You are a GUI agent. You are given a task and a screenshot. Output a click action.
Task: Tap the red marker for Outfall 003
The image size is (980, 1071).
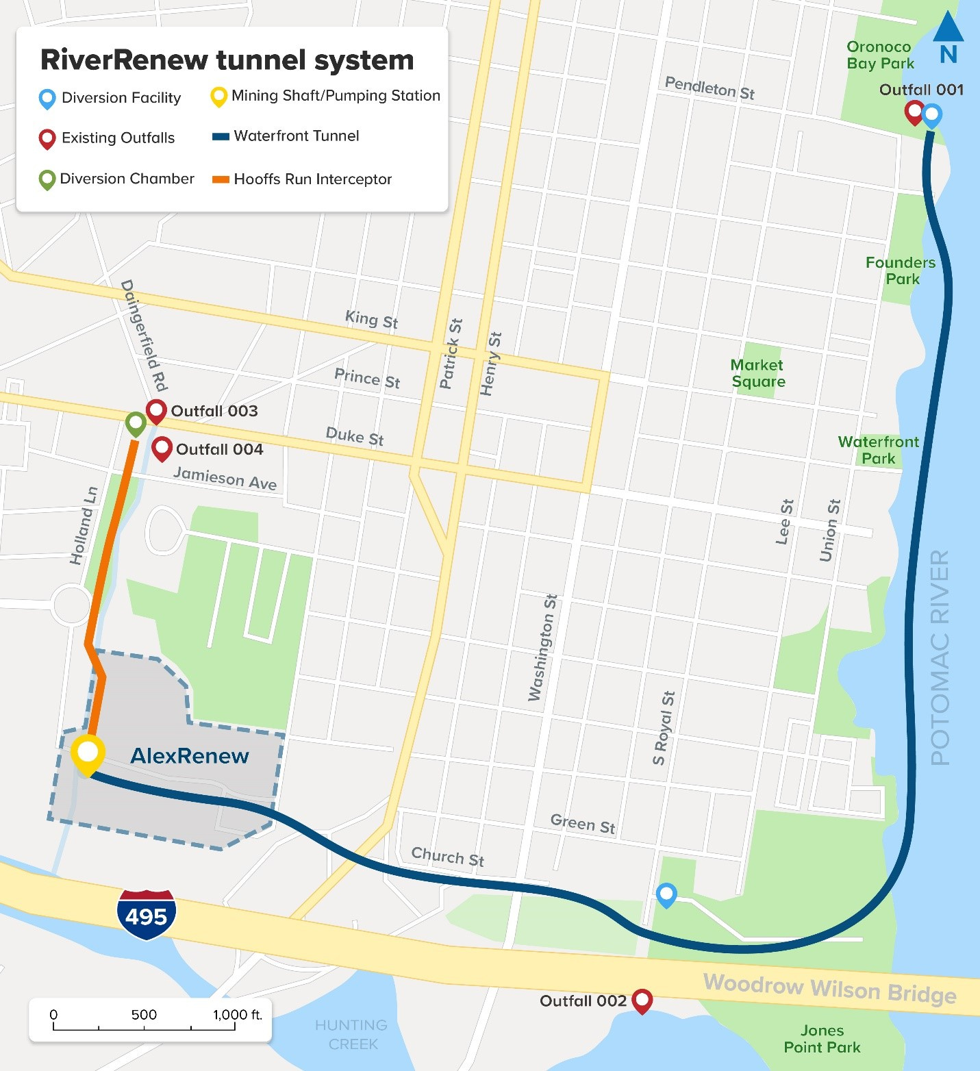point(157,411)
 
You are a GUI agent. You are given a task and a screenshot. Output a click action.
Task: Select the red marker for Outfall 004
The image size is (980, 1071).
point(162,449)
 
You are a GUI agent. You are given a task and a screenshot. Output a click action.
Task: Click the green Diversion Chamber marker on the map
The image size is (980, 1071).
point(136,423)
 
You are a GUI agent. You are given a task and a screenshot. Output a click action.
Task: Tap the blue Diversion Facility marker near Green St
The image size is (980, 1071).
point(666,894)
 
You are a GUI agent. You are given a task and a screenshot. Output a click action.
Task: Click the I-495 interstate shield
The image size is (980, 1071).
point(147,915)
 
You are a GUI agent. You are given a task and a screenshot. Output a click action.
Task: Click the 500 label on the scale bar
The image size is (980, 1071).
point(144,1014)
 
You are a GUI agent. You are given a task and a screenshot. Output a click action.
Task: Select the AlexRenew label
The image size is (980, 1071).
point(190,756)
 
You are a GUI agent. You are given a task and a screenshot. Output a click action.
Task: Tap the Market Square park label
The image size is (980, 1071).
point(757,373)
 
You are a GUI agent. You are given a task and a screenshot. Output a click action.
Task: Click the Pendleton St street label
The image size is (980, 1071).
point(709,88)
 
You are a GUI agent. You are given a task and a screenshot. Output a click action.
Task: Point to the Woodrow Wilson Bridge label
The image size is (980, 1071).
point(829,989)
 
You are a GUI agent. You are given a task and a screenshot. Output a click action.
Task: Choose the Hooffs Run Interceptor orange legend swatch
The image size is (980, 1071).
point(221,179)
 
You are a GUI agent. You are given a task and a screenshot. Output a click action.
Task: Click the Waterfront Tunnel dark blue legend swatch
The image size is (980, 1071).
point(221,136)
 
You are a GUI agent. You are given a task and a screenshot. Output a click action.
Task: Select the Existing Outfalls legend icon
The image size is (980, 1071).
point(47,138)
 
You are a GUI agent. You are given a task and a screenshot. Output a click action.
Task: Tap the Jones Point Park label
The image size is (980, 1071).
point(822,1039)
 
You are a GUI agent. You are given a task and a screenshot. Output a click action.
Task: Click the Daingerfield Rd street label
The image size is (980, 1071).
point(145,335)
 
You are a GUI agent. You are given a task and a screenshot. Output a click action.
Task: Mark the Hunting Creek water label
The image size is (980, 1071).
point(351,1035)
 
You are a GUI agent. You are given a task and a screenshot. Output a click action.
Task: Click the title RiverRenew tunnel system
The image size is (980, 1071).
point(227,60)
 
